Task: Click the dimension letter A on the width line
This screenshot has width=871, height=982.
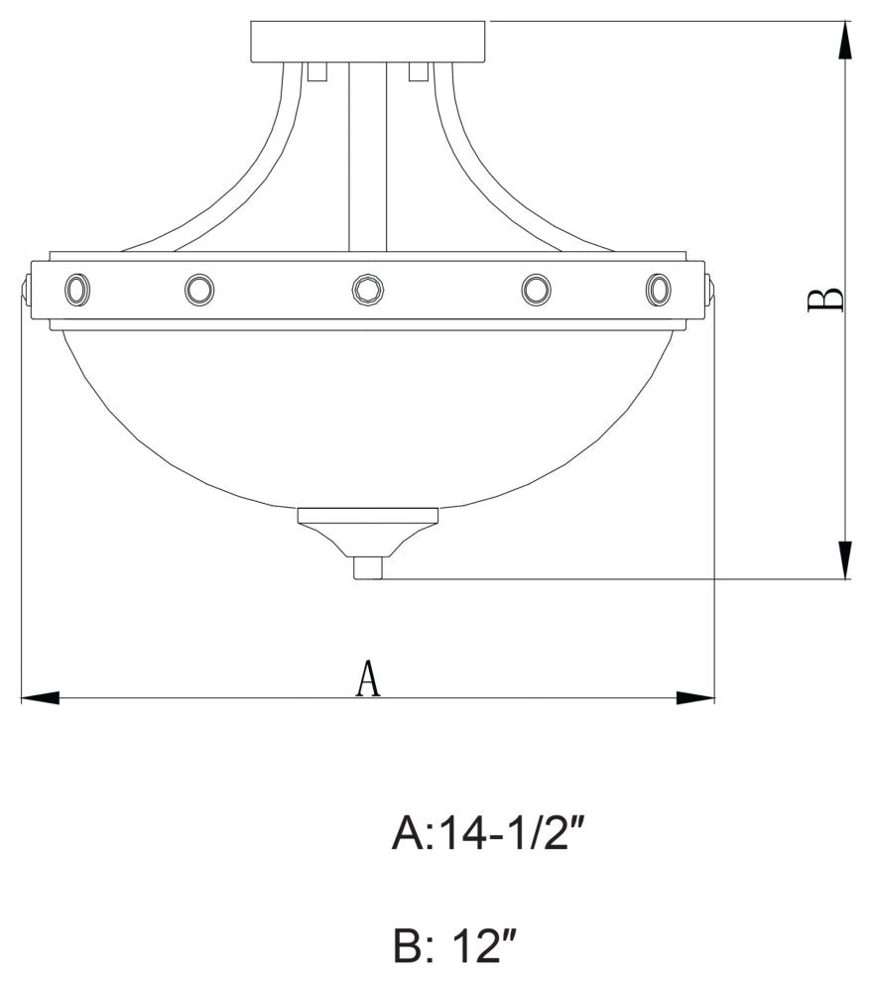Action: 368,679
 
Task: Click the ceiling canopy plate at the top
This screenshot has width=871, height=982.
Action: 368,41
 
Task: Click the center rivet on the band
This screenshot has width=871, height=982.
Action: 367,290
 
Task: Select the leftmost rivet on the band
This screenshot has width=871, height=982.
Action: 76,290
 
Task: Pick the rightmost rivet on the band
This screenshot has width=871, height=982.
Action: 658,289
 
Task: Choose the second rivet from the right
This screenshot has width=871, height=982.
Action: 537,290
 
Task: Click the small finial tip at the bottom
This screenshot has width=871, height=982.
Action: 368,568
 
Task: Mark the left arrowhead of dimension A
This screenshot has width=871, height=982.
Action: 40,698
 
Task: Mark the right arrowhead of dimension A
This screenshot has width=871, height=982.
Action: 695,698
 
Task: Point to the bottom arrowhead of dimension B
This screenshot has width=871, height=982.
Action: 844,559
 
